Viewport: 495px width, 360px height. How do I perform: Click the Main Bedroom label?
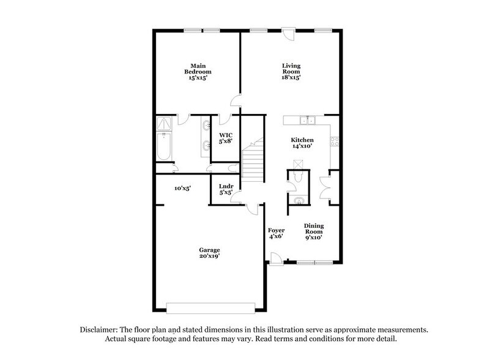(196, 72)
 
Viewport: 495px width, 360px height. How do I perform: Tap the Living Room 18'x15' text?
(291, 72)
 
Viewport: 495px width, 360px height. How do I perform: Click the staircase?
(252, 162)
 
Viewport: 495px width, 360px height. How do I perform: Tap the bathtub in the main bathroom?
(164, 148)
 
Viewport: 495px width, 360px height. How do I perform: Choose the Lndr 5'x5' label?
(226, 189)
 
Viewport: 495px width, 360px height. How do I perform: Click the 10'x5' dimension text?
(181, 188)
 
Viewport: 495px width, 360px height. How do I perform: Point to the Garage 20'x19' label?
(209, 253)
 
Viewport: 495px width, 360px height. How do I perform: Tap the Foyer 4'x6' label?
(277, 234)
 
